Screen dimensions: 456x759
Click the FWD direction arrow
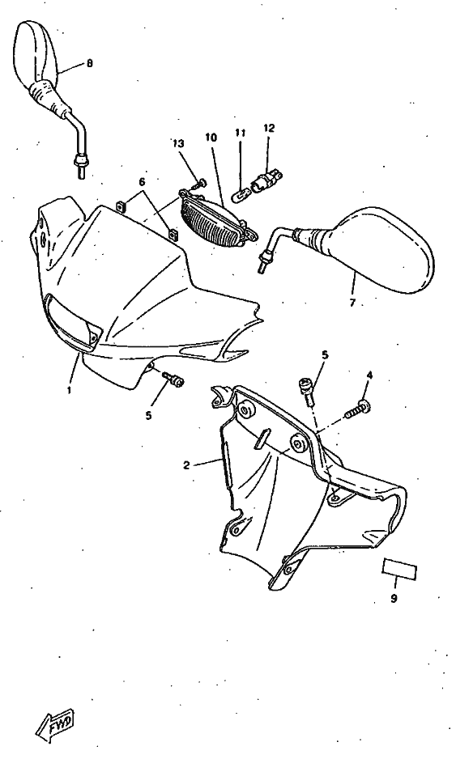point(55,725)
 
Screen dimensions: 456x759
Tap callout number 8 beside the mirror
point(90,63)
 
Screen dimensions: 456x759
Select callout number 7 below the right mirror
point(352,303)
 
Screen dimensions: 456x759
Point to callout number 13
point(179,143)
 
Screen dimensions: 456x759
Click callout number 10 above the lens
point(211,137)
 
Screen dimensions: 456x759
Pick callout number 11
point(241,132)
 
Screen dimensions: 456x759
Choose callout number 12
point(269,128)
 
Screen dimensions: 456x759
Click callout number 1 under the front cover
point(69,390)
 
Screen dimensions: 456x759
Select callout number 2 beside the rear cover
point(186,465)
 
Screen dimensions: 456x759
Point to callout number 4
point(370,375)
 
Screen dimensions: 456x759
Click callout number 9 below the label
point(394,599)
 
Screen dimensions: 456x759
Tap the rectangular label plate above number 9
point(400,569)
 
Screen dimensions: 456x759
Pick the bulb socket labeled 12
point(266,180)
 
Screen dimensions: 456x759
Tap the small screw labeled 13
point(198,184)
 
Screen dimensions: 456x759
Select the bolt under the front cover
point(173,379)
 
